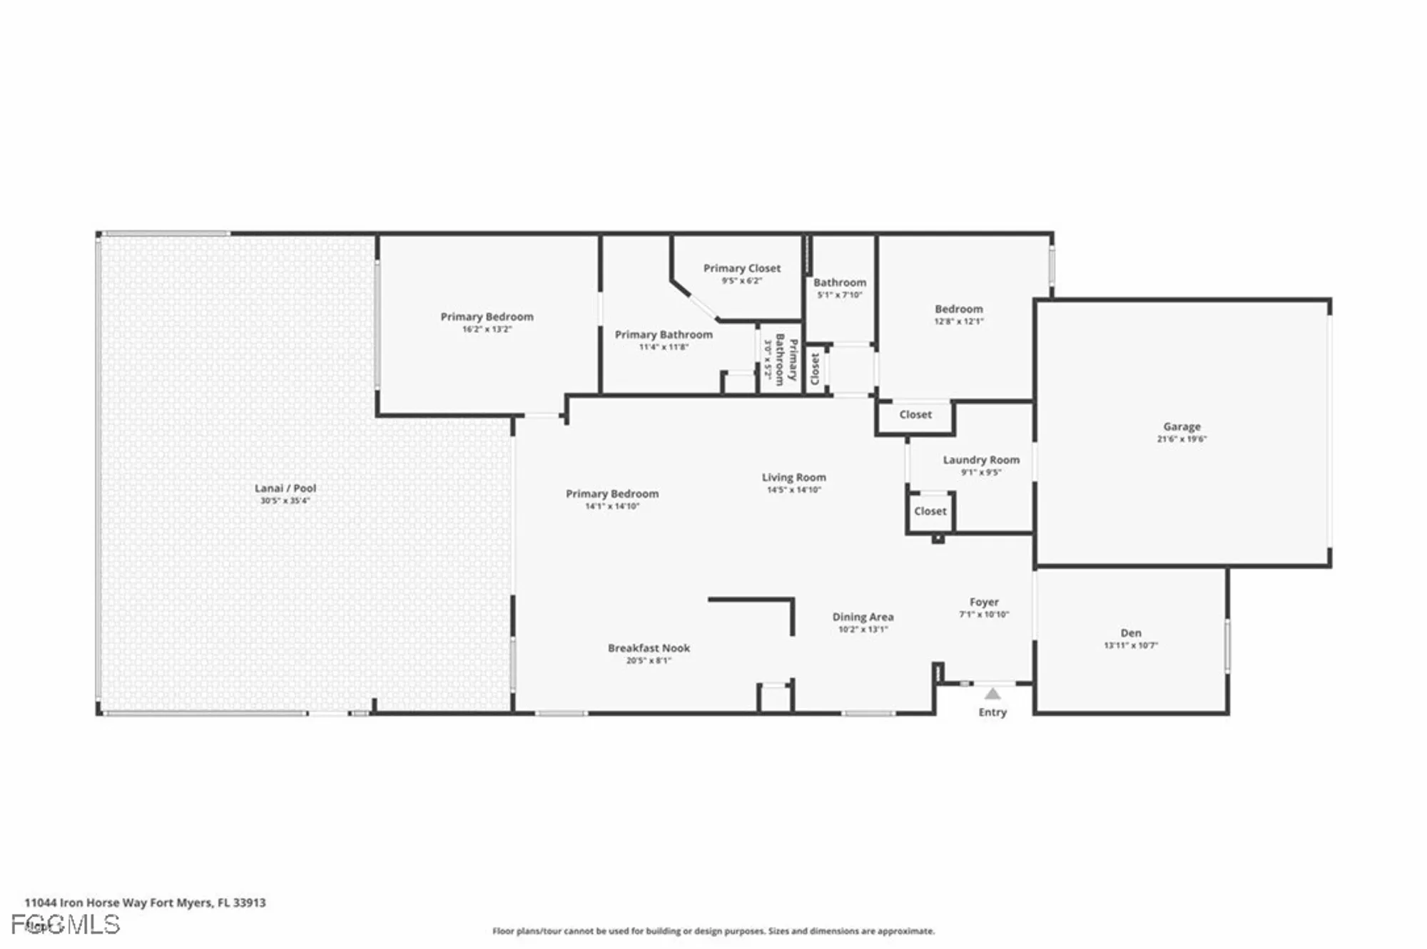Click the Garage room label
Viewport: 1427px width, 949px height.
(1182, 426)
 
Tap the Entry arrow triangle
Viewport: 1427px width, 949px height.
(992, 694)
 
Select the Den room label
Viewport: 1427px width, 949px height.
(1130, 632)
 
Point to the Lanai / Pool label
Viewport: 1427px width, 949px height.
(285, 488)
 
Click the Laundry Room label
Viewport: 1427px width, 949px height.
(981, 460)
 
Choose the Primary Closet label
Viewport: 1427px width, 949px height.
(742, 268)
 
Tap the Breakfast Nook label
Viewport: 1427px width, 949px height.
(649, 648)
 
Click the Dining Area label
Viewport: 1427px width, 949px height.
(863, 617)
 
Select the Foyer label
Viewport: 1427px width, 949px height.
(984, 602)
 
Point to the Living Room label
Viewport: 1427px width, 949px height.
(793, 477)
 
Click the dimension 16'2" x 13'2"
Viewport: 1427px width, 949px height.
(487, 329)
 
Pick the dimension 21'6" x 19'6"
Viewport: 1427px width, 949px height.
(1182, 439)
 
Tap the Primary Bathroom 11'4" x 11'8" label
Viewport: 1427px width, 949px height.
(664, 334)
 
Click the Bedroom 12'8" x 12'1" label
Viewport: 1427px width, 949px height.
(959, 309)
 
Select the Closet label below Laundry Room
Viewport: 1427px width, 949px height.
(930, 511)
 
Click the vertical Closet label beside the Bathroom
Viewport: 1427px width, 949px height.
(816, 369)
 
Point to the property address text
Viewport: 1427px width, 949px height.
(145, 903)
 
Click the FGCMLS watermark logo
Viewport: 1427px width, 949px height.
(66, 925)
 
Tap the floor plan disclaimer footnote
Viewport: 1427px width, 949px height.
(713, 931)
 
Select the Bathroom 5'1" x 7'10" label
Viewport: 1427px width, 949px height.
(840, 282)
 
